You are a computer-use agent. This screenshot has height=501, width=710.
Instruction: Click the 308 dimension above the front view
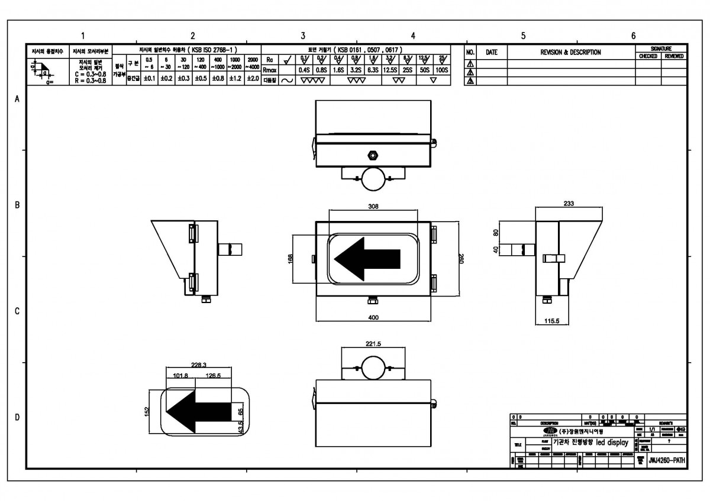373,207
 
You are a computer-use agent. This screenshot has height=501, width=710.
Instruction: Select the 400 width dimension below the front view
373,317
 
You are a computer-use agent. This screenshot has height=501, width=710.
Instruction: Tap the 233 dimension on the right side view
569,203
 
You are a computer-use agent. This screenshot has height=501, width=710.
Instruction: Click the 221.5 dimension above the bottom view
373,343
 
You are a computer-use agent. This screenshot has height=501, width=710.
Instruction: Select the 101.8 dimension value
180,375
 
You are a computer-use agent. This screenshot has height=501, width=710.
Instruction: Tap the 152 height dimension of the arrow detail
147,411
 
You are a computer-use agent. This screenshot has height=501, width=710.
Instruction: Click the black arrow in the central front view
367,258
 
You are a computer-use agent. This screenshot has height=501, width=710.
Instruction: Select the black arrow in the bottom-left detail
198,411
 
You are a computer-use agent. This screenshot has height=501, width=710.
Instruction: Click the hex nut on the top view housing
373,155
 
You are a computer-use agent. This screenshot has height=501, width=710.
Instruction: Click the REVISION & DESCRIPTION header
570,53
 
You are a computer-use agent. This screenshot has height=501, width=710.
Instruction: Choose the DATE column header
492,53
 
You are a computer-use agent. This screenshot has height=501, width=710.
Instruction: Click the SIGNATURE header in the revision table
661,48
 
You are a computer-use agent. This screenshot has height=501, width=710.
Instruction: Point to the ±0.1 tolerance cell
150,78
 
